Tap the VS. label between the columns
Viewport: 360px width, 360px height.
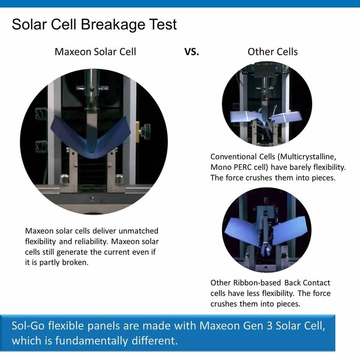pyautogui.click(x=192, y=52)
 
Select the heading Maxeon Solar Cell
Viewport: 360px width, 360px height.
pyautogui.click(x=95, y=52)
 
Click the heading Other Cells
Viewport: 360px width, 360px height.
pyautogui.click(x=273, y=52)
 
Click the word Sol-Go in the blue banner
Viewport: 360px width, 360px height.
pyautogui.click(x=30, y=326)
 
